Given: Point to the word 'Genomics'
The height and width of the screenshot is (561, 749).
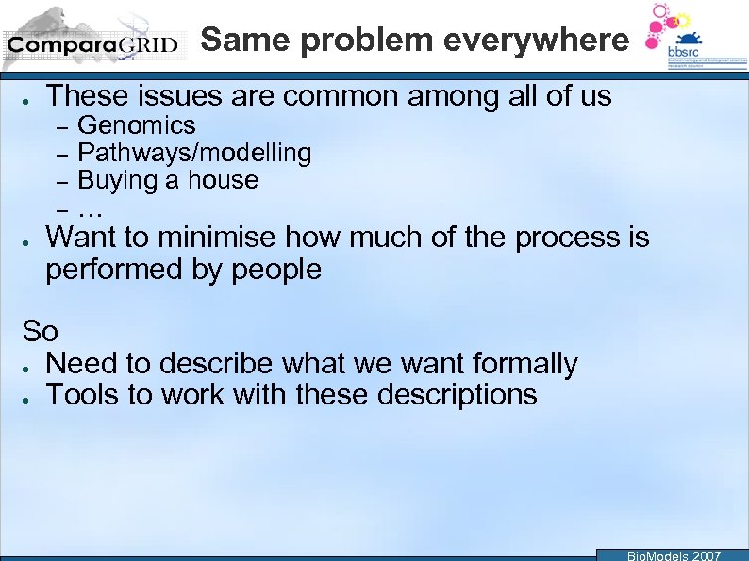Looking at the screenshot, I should (137, 125).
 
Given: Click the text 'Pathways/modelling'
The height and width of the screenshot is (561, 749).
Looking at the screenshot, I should (194, 153).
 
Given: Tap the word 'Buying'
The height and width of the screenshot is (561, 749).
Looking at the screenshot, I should (116, 180).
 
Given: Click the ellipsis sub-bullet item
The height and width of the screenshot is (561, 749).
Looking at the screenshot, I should (91, 207).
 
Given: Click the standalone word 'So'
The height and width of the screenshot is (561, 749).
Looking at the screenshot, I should (41, 332).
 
